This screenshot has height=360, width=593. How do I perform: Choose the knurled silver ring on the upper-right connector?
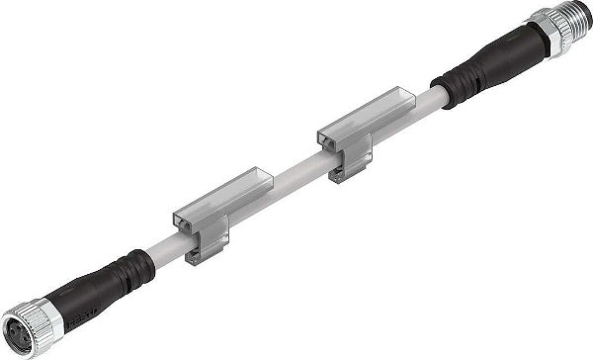coord(549,29)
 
